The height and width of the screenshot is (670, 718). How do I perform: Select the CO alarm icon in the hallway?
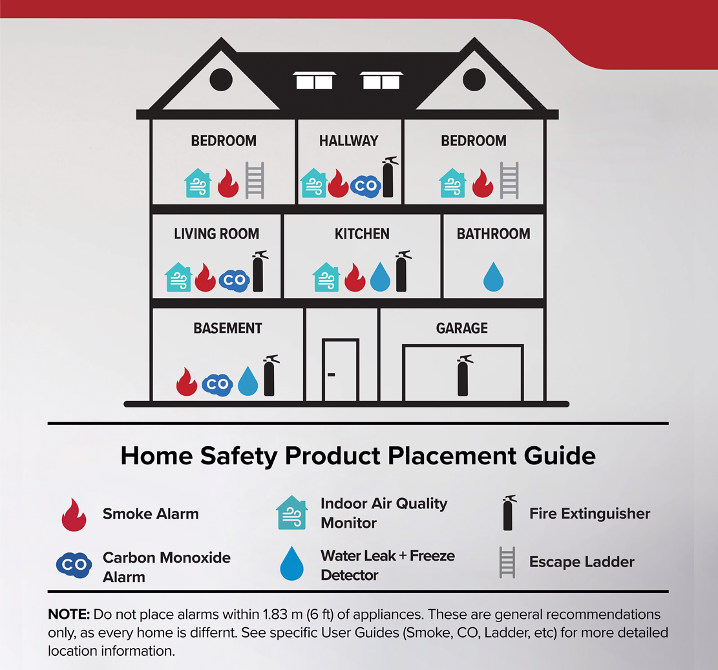[x=366, y=186]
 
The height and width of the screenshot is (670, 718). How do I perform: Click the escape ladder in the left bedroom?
[x=255, y=180]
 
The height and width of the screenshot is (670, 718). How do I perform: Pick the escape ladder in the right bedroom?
[x=509, y=180]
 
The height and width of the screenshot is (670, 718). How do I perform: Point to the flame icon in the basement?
[x=187, y=382]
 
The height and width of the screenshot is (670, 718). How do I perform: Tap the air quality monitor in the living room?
[x=179, y=277]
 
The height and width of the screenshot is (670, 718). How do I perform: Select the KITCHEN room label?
[x=362, y=234]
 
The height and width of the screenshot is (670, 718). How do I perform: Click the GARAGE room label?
[x=462, y=329]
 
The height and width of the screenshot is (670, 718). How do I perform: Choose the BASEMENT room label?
[x=227, y=329]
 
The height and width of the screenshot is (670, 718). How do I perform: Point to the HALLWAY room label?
[x=349, y=141]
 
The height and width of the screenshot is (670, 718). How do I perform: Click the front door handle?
[x=331, y=374]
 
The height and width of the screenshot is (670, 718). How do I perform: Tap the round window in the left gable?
[x=220, y=80]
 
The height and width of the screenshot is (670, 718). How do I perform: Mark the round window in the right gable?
[x=474, y=80]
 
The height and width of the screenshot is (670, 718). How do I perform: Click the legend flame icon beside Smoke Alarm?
[x=74, y=515]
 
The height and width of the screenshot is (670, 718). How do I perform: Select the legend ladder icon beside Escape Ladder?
[x=507, y=562]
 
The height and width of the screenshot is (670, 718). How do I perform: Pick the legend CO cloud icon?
[x=74, y=565]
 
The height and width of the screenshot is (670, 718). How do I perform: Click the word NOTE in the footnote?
[x=69, y=614]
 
